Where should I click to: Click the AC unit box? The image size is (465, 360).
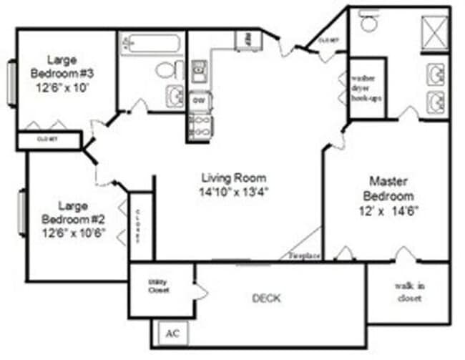click(171, 333)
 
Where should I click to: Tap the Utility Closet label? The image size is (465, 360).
click(158, 286)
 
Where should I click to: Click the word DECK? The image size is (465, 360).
click(266, 298)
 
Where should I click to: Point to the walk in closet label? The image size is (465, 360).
click(409, 292)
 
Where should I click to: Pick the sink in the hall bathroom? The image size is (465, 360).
click(174, 95)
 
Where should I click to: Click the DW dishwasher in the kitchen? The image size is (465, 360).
click(198, 100)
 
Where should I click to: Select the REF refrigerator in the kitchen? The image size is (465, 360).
click(247, 39)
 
